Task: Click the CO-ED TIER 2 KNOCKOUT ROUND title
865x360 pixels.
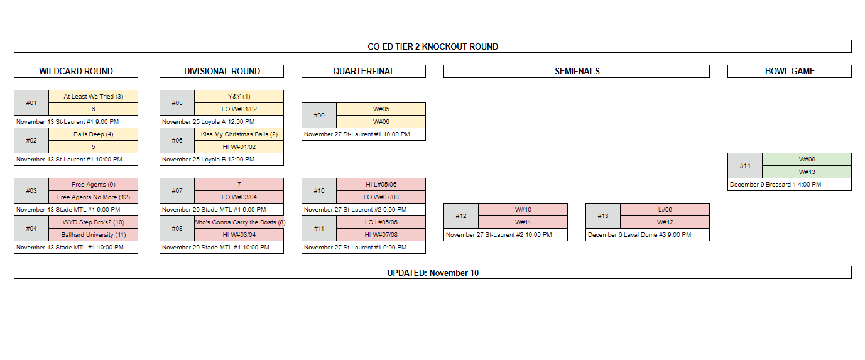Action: pyautogui.click(x=432, y=46)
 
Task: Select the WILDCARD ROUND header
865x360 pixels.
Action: pyautogui.click(x=76, y=72)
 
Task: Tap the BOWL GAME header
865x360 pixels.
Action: pyautogui.click(x=790, y=72)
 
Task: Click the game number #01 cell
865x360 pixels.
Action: pyautogui.click(x=31, y=103)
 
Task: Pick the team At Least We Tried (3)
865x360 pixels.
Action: pyautogui.click(x=94, y=97)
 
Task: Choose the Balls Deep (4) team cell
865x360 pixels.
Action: pyautogui.click(x=94, y=134)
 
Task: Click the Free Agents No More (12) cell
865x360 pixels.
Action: pyautogui.click(x=94, y=197)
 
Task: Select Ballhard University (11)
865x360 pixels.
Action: pyautogui.click(x=94, y=235)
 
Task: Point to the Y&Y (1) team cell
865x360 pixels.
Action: pyautogui.click(x=239, y=97)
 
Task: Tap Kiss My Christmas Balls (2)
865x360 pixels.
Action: pyautogui.click(x=239, y=134)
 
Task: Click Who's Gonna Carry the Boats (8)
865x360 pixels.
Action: pyautogui.click(x=239, y=222)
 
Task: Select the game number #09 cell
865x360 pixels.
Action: pyautogui.click(x=319, y=115)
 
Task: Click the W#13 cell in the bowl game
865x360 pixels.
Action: pyautogui.click(x=807, y=172)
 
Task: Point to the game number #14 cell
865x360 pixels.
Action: pyautogui.click(x=745, y=166)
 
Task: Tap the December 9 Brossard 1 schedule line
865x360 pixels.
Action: pyautogui.click(x=775, y=185)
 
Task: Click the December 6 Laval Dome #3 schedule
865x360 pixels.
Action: pyautogui.click(x=639, y=235)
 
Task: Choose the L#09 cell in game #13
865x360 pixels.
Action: pyautogui.click(x=665, y=210)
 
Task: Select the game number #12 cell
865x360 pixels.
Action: pyautogui.click(x=461, y=216)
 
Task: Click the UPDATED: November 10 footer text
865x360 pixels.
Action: pyautogui.click(x=432, y=273)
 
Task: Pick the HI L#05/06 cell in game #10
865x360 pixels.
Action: pyautogui.click(x=381, y=185)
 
